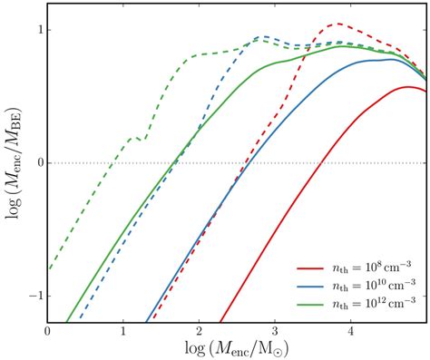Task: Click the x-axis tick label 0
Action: (x=47, y=332)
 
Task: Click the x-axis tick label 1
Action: (x=123, y=332)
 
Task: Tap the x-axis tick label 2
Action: (x=200, y=332)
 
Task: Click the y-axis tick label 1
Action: (x=37, y=30)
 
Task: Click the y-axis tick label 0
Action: (x=37, y=163)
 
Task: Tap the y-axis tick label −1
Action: (x=33, y=297)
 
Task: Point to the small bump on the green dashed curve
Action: (x=132, y=139)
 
